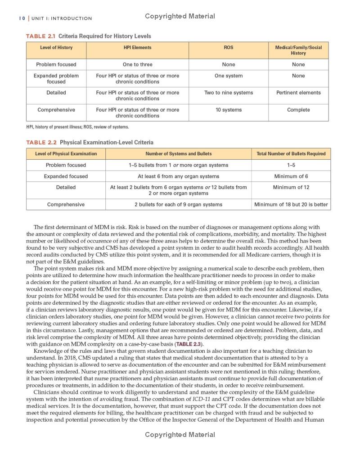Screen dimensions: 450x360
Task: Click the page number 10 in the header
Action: pyautogui.click(x=22, y=18)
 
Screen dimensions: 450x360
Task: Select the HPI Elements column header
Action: pyautogui.click(x=138, y=47)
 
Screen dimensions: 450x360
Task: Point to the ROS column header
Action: pyautogui.click(x=229, y=47)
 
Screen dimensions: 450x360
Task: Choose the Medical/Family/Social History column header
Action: pyautogui.click(x=298, y=50)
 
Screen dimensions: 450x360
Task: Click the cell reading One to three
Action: pyautogui.click(x=138, y=64)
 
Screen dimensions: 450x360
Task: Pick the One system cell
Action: pyautogui.click(x=229, y=76)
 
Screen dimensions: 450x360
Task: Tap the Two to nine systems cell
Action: pyautogui.click(x=229, y=93)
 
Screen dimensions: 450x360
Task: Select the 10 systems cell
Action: pyautogui.click(x=229, y=110)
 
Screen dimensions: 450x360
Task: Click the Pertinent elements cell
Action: pyautogui.click(x=298, y=93)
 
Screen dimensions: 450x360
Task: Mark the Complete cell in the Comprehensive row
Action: pyautogui.click(x=298, y=110)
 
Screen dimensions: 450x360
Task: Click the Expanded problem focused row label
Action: pyautogui.click(x=56, y=79)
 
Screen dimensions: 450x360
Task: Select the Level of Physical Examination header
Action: pyautogui.click(x=66, y=153)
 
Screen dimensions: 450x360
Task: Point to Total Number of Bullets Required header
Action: pyautogui.click(x=291, y=153)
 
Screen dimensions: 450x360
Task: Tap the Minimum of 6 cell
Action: pyautogui.click(x=291, y=176)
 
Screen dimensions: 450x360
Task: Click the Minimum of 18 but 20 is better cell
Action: pyautogui.click(x=291, y=204)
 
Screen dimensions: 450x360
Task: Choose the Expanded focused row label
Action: pyautogui.click(x=66, y=176)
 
